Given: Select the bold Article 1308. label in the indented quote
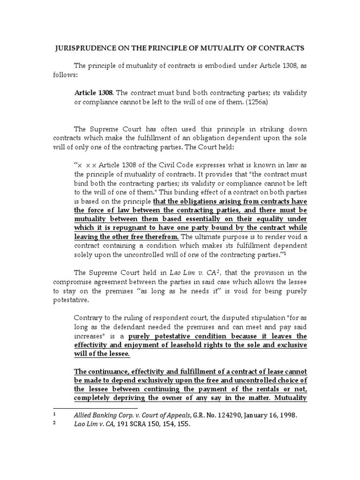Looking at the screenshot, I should click(92, 93).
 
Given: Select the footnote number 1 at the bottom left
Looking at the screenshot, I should click(54, 415).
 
